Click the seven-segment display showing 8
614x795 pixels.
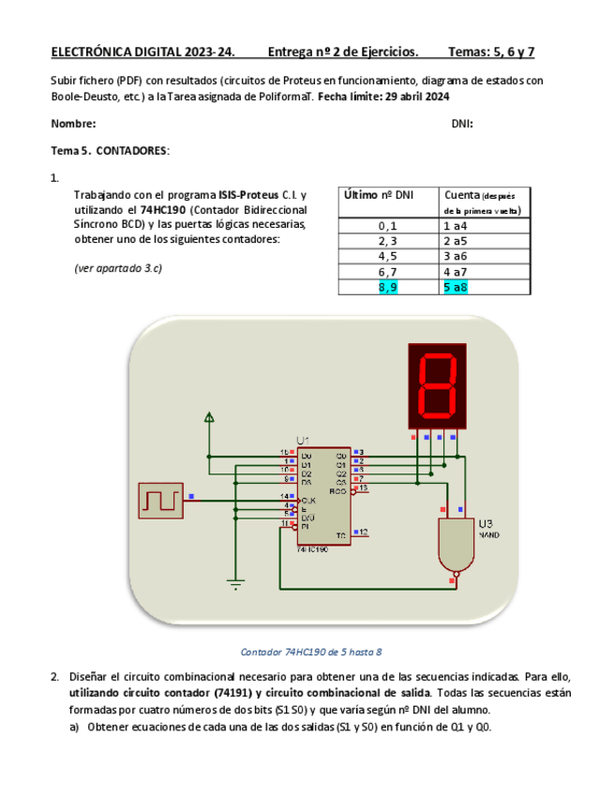coord(436,385)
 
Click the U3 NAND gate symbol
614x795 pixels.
coord(457,543)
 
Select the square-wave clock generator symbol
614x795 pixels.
coord(160,500)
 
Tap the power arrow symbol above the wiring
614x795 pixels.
coord(209,417)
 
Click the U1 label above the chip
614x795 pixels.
coord(304,441)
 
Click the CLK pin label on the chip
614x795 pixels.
coord(307,500)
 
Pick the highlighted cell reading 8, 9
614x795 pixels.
coord(388,287)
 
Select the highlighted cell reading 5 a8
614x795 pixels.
coord(456,287)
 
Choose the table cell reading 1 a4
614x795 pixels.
coord(456,225)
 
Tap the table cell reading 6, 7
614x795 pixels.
coord(388,271)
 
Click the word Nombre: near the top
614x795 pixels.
coord(73,124)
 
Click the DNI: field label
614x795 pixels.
coord(462,124)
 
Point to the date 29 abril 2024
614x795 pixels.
coord(420,97)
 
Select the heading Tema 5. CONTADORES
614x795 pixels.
coord(110,150)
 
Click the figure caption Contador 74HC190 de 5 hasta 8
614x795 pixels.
coord(311,652)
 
